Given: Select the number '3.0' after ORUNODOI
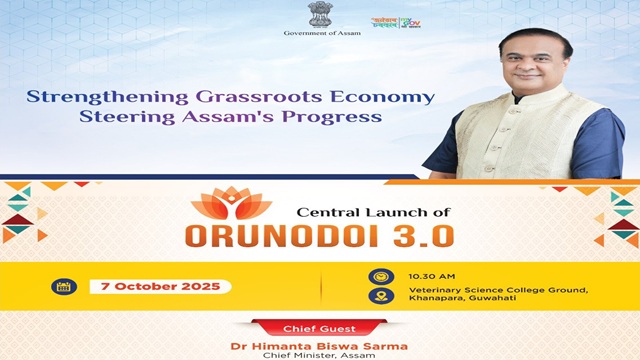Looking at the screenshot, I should (420, 235).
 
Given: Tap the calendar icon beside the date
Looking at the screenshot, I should (63, 287).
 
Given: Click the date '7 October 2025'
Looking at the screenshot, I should (161, 287).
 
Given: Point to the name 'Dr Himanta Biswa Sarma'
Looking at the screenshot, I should (319, 345).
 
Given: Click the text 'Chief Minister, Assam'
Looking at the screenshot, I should (319, 355).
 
